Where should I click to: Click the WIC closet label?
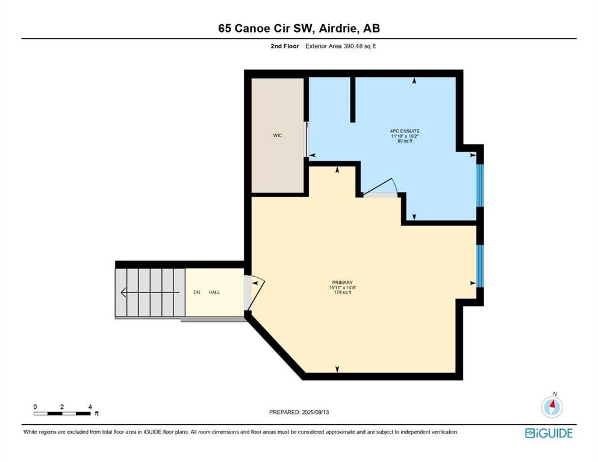(277, 135)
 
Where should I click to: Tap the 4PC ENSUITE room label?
(405, 131)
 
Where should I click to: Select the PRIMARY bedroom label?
(342, 283)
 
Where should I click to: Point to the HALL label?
(214, 292)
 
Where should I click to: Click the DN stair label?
(197, 292)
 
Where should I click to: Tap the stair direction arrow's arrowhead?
(123, 292)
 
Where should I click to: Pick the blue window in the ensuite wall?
(480, 185)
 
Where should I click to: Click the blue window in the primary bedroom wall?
(480, 265)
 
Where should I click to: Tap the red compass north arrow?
(552, 404)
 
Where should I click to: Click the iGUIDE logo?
(549, 434)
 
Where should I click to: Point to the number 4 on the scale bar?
(90, 407)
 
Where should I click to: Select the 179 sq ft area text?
(342, 292)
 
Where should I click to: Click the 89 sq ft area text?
(405, 141)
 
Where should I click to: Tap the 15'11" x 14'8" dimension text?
(342, 288)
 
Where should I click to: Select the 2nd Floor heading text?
(284, 46)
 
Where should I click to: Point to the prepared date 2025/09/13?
(315, 412)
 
